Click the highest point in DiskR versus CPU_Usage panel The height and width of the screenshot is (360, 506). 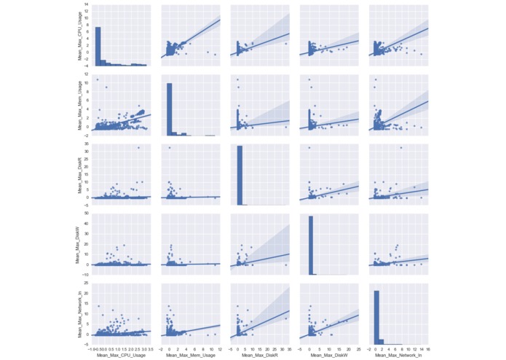click(138, 148)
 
